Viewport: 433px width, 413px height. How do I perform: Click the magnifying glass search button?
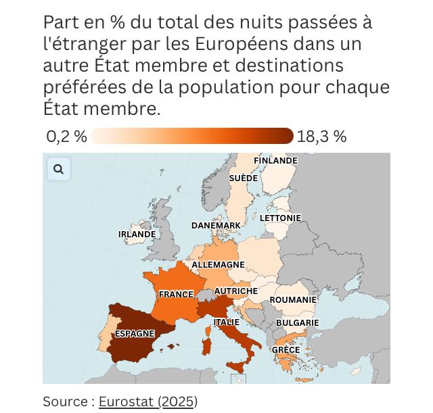click(58, 169)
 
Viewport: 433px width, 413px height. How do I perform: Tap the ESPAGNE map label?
click(135, 333)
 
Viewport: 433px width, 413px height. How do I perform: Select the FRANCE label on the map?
click(176, 294)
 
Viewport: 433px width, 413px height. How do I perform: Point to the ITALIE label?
click(227, 322)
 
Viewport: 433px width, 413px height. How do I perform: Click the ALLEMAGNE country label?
click(218, 264)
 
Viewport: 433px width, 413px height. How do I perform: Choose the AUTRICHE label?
click(235, 291)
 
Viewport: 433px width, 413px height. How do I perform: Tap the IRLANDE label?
click(137, 235)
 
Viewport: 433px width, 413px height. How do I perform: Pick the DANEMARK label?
click(216, 225)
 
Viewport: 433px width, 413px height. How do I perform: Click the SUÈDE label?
click(243, 178)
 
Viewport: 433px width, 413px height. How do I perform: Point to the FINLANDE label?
click(275, 161)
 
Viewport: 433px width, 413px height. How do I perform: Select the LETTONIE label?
click(280, 218)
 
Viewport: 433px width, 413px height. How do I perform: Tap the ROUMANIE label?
click(293, 299)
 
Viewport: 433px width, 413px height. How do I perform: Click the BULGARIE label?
click(297, 322)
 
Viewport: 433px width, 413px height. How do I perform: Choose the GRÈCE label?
click(286, 349)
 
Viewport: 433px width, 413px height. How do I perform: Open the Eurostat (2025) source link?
click(147, 402)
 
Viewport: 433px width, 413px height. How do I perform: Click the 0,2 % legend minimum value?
click(66, 137)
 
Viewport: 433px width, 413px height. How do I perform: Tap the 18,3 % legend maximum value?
click(321, 137)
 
